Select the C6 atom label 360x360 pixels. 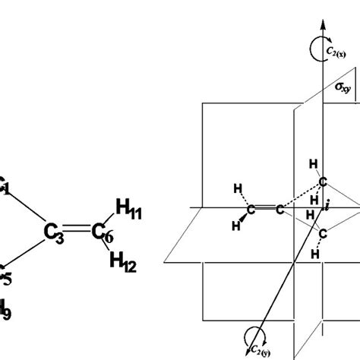point(101,234)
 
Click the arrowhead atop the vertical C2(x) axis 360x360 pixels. point(324,21)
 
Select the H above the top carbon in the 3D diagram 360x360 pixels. point(312,165)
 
